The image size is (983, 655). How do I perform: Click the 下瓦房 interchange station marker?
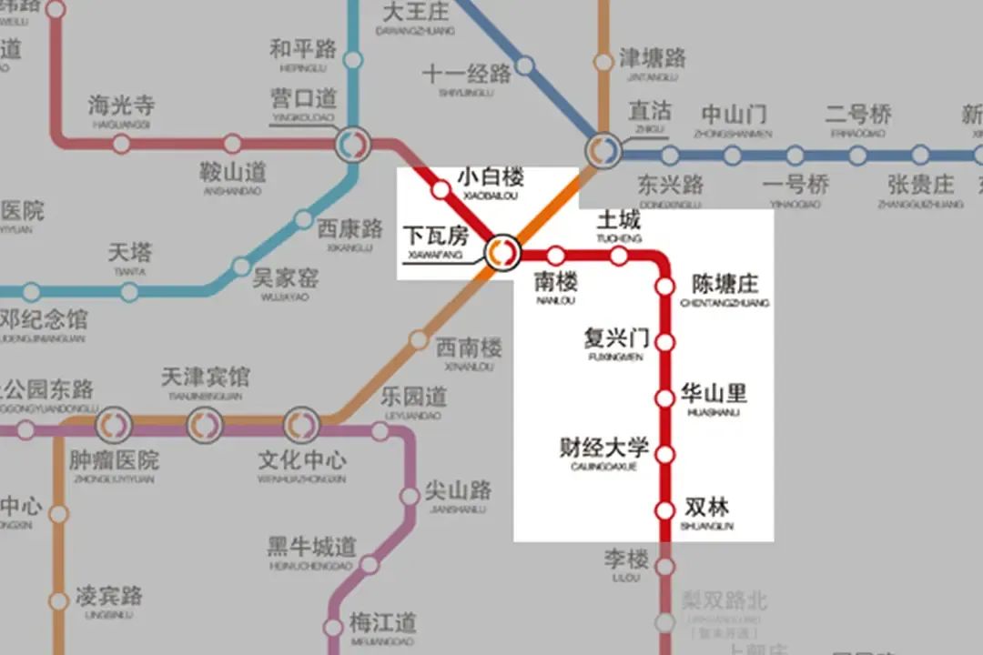(501, 253)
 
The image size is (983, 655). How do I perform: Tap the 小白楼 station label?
(491, 176)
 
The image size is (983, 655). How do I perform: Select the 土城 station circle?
(619, 257)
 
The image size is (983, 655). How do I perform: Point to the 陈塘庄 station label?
(725, 284)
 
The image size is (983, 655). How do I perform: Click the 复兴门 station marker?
(665, 343)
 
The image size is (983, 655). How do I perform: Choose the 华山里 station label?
(714, 394)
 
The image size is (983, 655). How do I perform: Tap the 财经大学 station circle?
(665, 454)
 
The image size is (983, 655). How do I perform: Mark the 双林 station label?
(706, 508)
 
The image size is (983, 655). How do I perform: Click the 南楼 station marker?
(555, 257)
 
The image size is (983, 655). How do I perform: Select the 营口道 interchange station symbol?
(352, 144)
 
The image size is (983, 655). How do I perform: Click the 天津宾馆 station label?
(205, 377)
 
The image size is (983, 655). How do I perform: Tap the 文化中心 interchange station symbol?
(300, 424)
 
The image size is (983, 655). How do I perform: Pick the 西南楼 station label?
(469, 348)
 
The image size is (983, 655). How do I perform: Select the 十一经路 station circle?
(525, 65)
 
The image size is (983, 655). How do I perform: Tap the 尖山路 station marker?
(410, 497)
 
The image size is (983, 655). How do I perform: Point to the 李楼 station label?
(626, 558)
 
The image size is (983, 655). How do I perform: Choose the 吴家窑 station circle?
(240, 267)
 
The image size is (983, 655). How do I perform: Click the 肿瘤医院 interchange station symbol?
(115, 424)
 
